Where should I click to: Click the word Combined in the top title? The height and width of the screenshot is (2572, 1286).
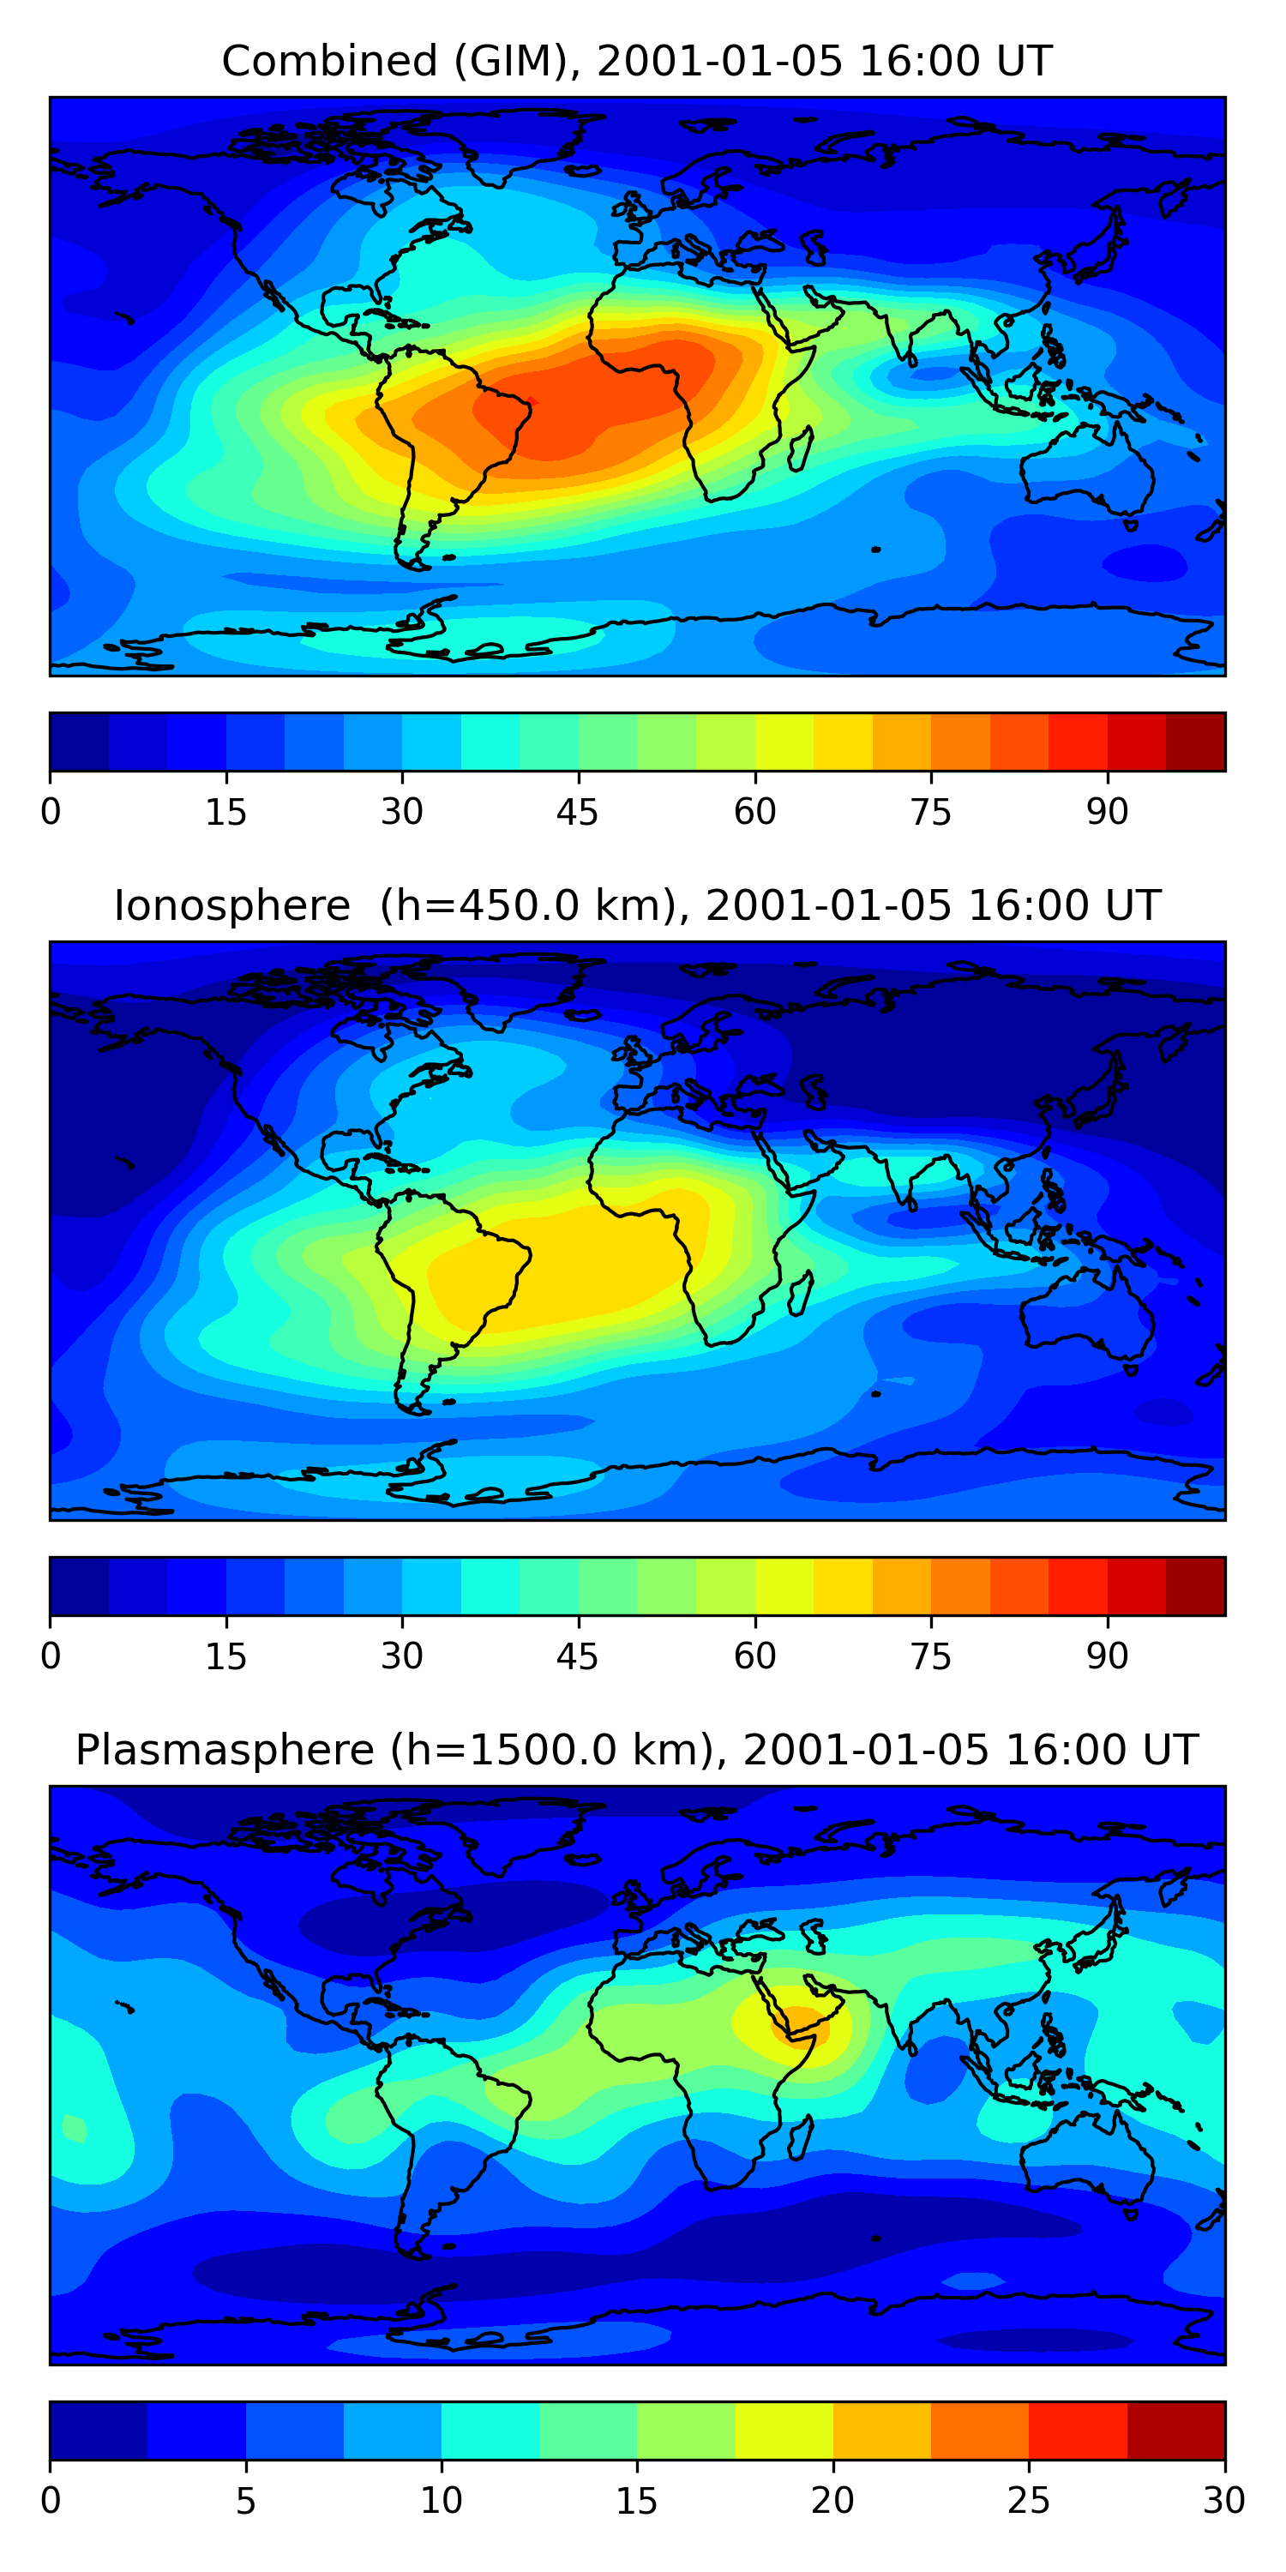[x=328, y=61]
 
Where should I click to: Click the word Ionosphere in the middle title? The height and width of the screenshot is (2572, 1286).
[x=231, y=905]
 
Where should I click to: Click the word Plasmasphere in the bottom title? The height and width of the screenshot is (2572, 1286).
[x=224, y=1751]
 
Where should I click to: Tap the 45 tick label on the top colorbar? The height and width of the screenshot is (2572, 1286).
[x=577, y=812]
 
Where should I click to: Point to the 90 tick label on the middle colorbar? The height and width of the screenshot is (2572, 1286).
[x=1108, y=1656]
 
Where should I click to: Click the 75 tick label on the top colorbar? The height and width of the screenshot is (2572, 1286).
[x=930, y=812]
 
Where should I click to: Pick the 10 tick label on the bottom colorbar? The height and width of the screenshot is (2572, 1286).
[x=441, y=2501]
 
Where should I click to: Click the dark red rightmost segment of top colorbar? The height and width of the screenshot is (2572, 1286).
[x=1195, y=742]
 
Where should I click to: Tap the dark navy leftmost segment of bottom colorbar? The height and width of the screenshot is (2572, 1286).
[x=98, y=2431]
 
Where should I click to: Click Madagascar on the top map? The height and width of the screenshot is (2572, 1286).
[x=800, y=450]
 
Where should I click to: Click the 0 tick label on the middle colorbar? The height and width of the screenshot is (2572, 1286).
[x=51, y=1656]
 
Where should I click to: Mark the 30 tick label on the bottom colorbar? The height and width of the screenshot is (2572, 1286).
[x=1223, y=2501]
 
